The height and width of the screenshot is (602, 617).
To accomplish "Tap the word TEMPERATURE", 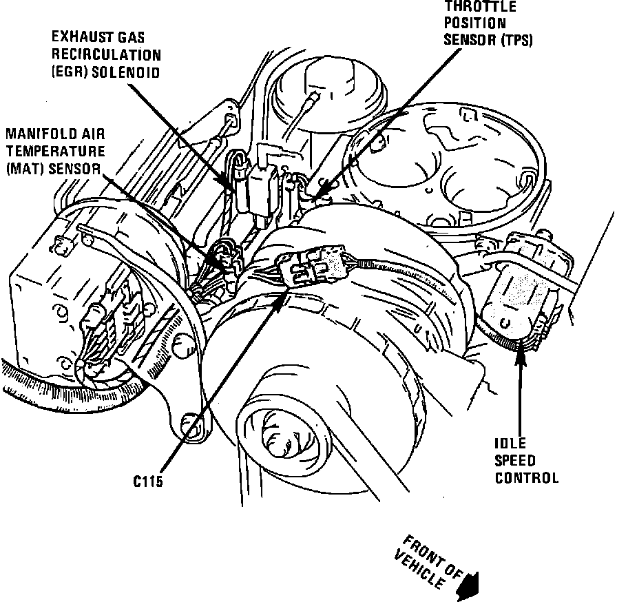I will point(55,151).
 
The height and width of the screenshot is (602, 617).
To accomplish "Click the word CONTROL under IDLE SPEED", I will point(527,477).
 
